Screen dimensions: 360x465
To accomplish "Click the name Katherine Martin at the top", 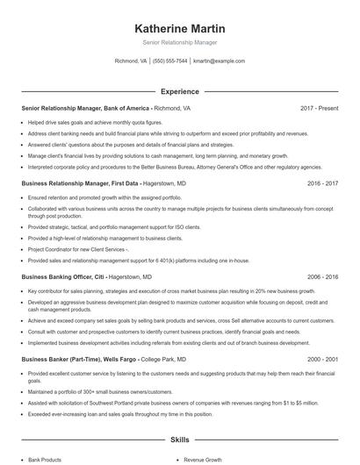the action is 179,26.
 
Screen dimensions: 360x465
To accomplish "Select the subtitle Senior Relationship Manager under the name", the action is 179,42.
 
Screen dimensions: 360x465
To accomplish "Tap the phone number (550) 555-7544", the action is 169,61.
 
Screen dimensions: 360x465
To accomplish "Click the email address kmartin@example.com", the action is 219,61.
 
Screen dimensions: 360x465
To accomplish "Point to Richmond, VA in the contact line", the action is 131,61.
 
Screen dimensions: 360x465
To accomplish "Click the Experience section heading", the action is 179,90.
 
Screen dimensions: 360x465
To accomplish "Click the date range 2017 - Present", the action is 319,108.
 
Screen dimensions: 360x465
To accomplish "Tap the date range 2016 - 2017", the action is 322,184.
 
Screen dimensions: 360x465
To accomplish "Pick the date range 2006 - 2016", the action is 322,276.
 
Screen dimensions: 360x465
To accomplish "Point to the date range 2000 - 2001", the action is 322,359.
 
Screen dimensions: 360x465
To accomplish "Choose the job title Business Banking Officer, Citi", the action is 67,276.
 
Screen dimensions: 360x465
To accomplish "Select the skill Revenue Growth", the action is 203,459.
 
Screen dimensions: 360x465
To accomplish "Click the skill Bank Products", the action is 45,459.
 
